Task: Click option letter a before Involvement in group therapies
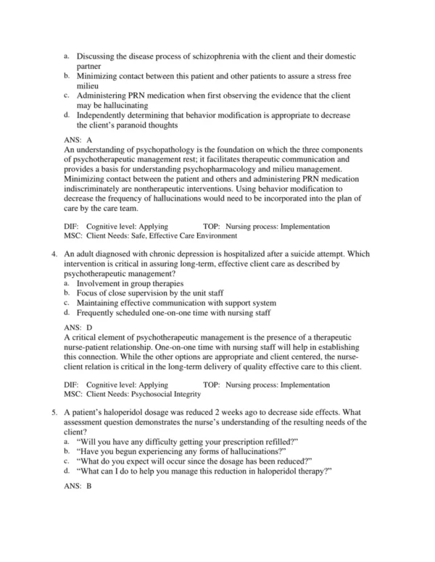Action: (67, 283)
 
